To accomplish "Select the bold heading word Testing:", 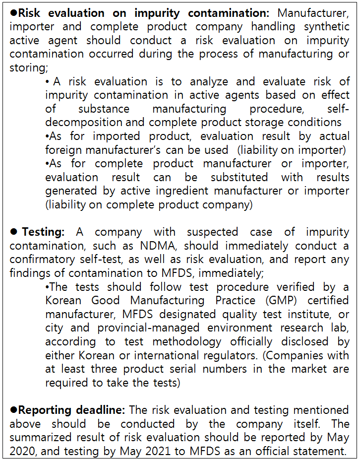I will (x=43, y=232).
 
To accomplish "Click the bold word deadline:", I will (x=101, y=410).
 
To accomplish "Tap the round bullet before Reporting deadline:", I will (x=13, y=410).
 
